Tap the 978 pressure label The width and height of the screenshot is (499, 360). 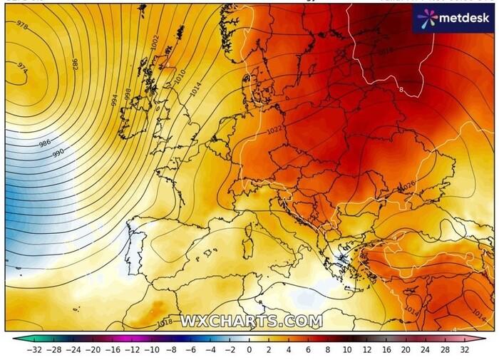[x=21, y=25]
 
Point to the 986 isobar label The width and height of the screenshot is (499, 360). [x=44, y=143]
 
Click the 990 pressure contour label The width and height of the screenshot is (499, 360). [x=58, y=152]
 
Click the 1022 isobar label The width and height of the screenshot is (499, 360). [x=274, y=131]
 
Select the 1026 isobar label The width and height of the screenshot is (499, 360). [x=408, y=185]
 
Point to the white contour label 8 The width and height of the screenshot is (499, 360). [x=401, y=90]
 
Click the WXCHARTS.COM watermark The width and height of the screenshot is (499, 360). [x=250, y=322]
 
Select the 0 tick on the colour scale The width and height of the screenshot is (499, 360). [x=249, y=350]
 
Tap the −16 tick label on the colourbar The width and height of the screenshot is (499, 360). [x=112, y=350]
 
